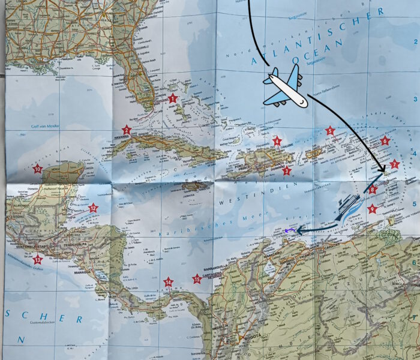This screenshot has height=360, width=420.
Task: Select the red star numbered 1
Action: click(173, 98)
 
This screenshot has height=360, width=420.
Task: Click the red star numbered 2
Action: click(127, 130)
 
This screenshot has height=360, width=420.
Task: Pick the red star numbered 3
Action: click(287, 171)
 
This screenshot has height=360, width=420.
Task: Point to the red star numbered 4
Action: click(277, 142)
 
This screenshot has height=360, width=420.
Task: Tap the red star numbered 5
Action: click(329, 130)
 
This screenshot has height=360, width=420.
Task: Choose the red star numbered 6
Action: click(385, 141)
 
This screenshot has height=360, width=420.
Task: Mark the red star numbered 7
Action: click(394, 164)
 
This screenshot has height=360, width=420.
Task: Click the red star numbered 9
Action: click(373, 209)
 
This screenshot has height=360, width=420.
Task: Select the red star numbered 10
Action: click(38, 169)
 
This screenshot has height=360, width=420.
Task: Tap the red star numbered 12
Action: click(93, 208)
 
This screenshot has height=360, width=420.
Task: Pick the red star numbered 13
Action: click(38, 260)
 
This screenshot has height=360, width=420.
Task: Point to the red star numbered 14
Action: click(169, 281)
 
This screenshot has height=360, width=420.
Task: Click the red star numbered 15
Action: click(196, 278)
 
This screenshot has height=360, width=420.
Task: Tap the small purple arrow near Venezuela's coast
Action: click(289, 230)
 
